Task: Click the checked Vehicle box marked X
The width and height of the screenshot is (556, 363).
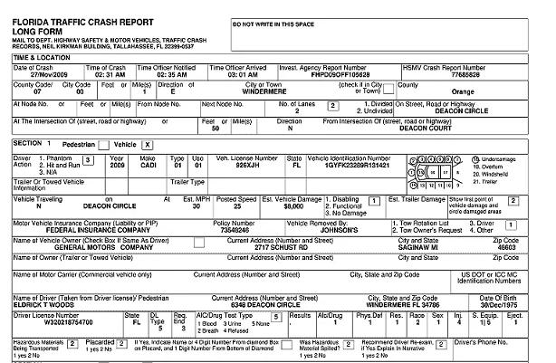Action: (x=147, y=145)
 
